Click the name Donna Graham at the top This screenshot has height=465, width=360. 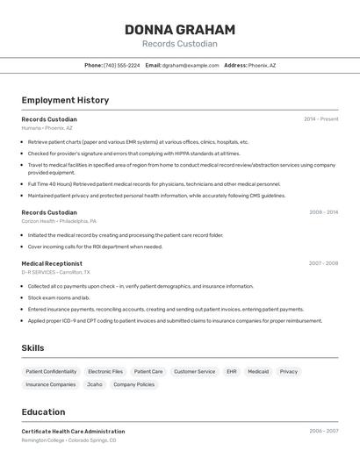pos(180,29)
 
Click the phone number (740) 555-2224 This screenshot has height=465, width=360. pos(121,65)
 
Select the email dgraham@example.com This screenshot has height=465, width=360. pos(190,65)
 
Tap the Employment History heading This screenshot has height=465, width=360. pos(65,100)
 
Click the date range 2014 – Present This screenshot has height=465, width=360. pos(320,119)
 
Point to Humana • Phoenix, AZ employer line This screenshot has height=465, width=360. pos(47,128)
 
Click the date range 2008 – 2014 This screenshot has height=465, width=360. pos(323,212)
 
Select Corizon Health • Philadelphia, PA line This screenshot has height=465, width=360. pos(59,221)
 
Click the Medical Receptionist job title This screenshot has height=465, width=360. pos(52,263)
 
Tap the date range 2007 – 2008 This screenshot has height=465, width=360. pos(323,263)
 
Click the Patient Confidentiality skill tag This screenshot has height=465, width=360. pos(51,371)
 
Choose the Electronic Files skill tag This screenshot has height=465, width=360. pos(105,371)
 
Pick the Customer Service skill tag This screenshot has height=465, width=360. pos(194,371)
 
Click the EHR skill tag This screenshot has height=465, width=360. pos(232,371)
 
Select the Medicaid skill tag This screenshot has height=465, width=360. pos(258,371)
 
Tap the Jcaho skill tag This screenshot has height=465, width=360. pos(94,384)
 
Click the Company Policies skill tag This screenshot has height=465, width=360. pos(133,384)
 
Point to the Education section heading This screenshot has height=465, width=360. pos(43,412)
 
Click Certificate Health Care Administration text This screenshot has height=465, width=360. pos(73,432)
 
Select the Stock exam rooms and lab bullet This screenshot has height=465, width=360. pos(59,297)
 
